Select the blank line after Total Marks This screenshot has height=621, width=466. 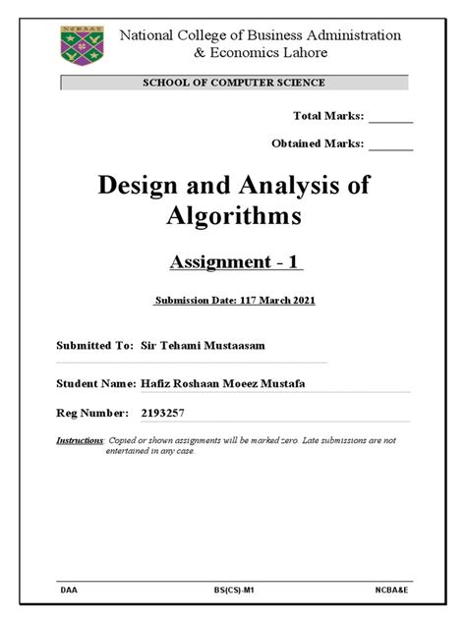point(391,117)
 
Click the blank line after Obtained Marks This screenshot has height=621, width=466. point(391,144)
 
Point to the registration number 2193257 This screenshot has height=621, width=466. point(170,415)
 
